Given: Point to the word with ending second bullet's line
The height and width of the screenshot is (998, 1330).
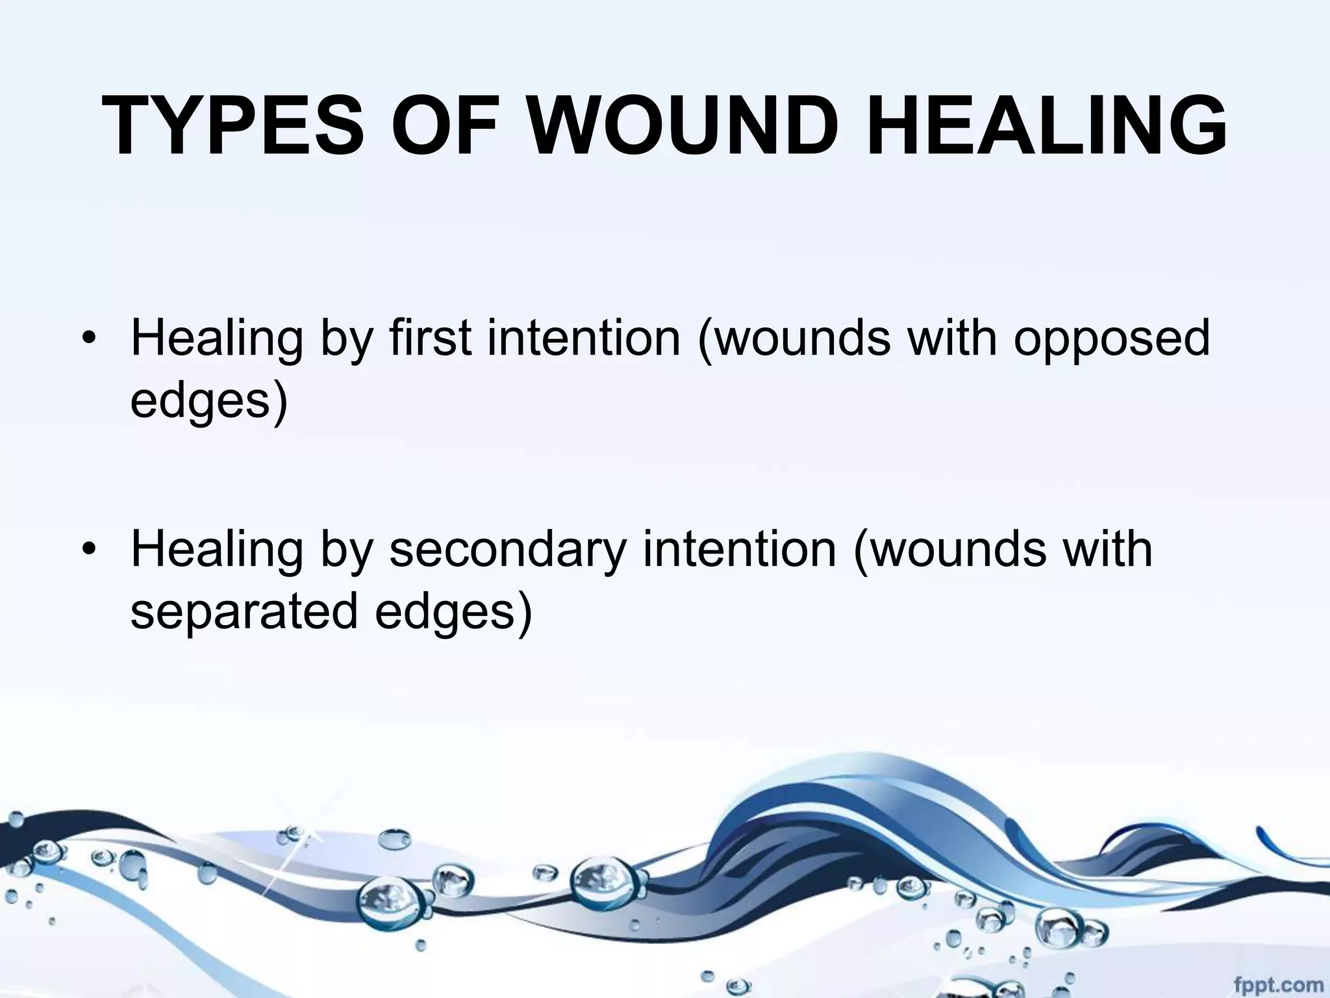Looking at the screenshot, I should tap(1107, 549).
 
